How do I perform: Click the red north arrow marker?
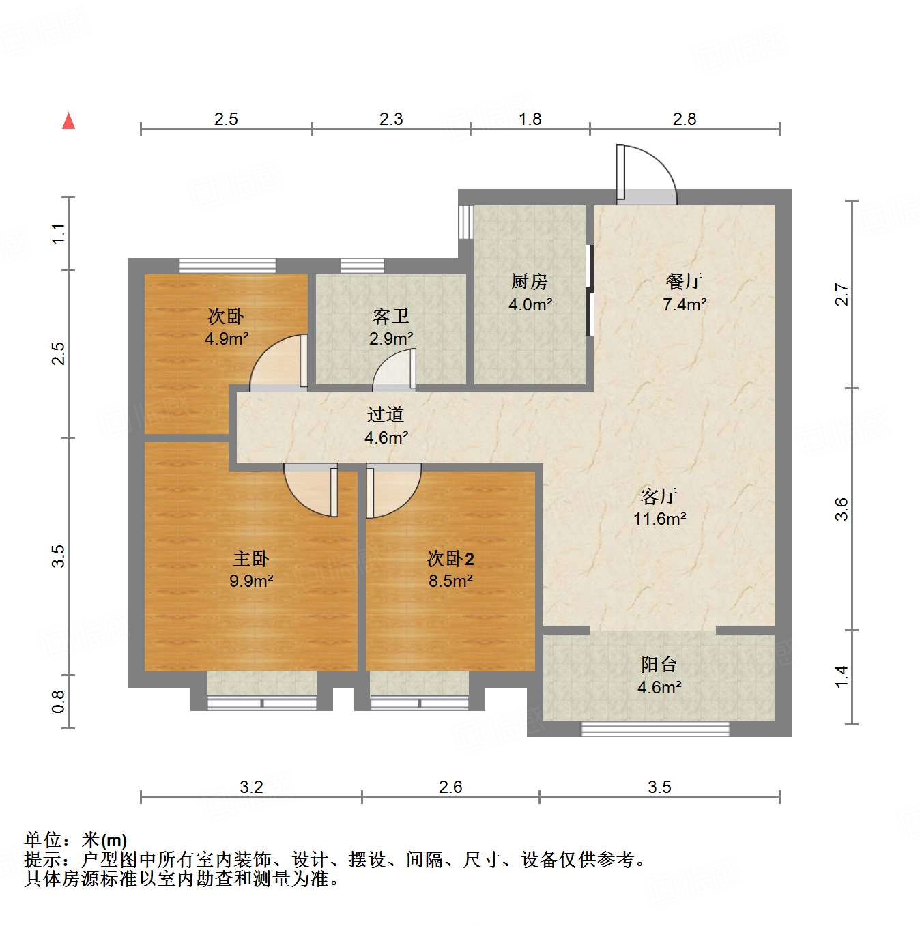click(x=68, y=121)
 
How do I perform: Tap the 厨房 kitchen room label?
click(x=530, y=281)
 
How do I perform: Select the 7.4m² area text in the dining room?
click(x=685, y=304)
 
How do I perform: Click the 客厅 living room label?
click(x=659, y=496)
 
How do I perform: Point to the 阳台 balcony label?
click(x=659, y=664)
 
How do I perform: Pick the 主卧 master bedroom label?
click(x=251, y=559)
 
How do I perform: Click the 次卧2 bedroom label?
click(x=450, y=559)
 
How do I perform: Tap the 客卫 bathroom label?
click(x=391, y=316)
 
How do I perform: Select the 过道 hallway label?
click(x=386, y=414)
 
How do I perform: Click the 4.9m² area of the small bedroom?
click(x=227, y=338)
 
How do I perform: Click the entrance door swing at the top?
click(x=645, y=175)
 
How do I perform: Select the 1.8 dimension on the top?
click(x=530, y=119)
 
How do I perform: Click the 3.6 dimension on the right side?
click(x=842, y=509)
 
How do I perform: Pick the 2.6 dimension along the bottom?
click(x=450, y=787)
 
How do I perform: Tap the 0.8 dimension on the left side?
click(x=59, y=701)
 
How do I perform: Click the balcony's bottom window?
click(x=655, y=729)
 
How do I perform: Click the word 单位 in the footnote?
click(x=44, y=840)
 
